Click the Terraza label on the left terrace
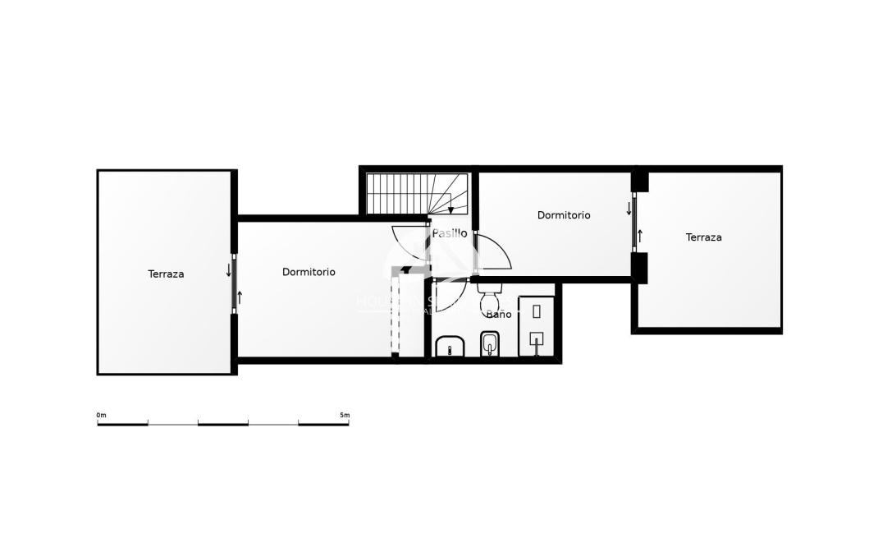coord(166,274)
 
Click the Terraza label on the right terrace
coord(703,237)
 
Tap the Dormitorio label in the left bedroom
coord(309,272)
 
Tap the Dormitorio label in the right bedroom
coord(564,215)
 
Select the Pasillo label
coord(450,233)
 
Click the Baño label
coord(498,315)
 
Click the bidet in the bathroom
coord(490,344)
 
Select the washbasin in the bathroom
coord(450,347)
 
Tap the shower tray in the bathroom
coord(537,325)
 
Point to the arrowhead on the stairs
coord(450,210)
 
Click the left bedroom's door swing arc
coord(408,244)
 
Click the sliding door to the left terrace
coord(234,283)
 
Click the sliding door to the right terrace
coord(634,223)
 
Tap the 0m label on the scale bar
coord(102,416)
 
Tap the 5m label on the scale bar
coord(345,416)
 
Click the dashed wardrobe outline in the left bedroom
coord(396,316)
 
